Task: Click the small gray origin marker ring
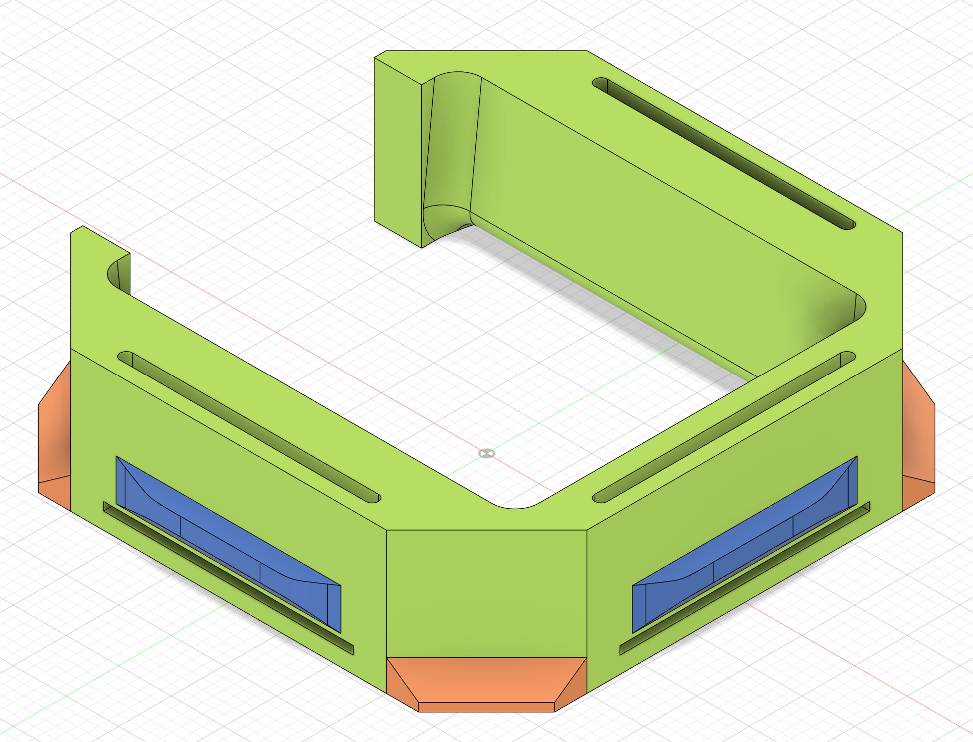(486, 454)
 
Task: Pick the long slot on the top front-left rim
(248, 426)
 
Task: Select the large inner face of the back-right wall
(644, 223)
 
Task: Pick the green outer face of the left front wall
(223, 476)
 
